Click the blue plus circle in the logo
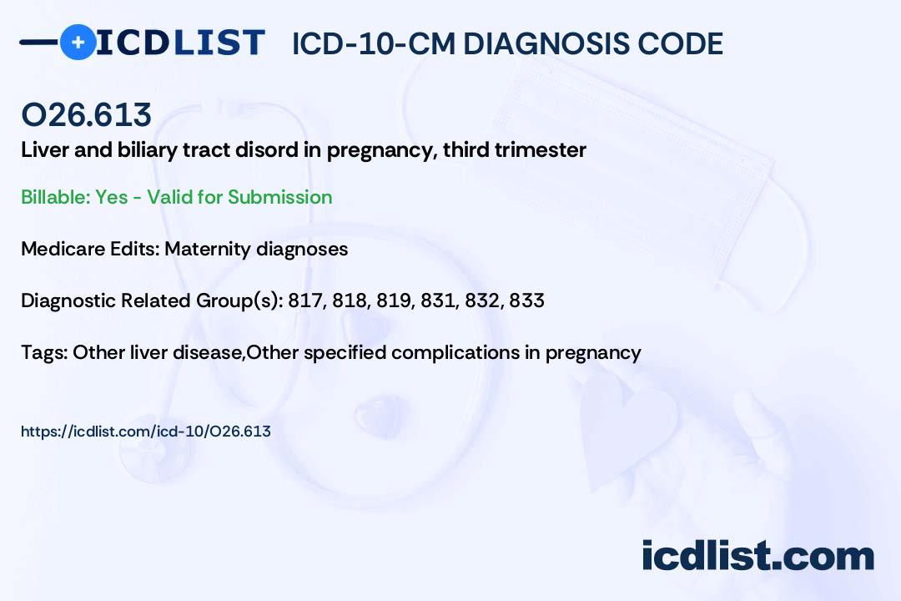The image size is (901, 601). tap(78, 43)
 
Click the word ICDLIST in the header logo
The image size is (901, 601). tap(180, 43)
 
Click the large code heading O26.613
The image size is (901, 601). tap(86, 114)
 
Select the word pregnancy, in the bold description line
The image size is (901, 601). tap(382, 151)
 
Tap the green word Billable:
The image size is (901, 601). tap(56, 197)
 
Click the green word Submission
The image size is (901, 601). tap(279, 197)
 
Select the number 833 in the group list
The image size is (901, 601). tap(527, 300)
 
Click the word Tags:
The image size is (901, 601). tap(44, 352)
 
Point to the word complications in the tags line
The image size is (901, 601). tap(456, 353)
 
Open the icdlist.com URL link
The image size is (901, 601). tap(146, 432)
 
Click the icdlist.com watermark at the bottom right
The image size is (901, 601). tap(758, 555)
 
